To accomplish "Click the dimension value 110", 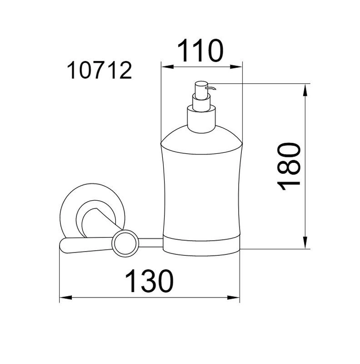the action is coord(200,51).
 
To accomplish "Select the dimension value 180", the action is coord(289,167).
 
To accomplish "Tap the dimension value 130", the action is coord(150,281).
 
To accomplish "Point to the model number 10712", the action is coord(100,71).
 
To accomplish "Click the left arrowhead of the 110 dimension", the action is coord(167,67).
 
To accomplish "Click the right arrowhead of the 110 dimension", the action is coord(236,67).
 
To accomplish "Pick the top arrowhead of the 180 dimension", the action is coord(305,90).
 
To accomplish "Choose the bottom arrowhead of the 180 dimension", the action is coord(305,243).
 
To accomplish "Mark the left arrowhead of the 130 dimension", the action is coord(66,298).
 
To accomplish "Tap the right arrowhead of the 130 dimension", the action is coord(233,298).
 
